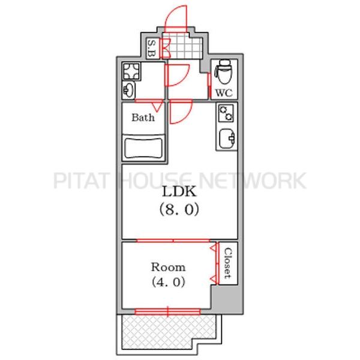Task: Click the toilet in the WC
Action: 223,71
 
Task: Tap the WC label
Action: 224,93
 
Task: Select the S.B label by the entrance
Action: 152,49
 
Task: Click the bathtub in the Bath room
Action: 143,148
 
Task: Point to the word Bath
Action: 143,118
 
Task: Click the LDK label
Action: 179,191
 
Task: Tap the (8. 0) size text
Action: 179,209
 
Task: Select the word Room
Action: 168,267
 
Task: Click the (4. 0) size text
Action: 168,282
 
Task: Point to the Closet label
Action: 228,263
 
